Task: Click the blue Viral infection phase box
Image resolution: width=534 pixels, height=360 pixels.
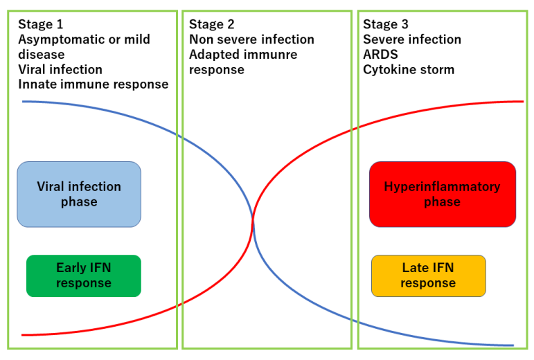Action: [x=79, y=195]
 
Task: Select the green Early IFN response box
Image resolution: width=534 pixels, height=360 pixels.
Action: [x=84, y=276]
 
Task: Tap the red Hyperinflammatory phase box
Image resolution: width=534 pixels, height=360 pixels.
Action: [x=443, y=195]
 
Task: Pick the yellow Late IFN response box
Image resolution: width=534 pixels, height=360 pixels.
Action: [x=429, y=276]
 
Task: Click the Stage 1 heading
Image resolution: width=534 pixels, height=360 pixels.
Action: [x=41, y=24]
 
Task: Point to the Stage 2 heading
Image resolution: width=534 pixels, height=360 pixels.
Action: [x=211, y=24]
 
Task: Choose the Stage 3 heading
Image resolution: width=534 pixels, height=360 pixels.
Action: [x=386, y=24]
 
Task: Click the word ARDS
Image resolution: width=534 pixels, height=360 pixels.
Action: [x=380, y=55]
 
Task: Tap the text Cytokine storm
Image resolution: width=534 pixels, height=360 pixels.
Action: [x=409, y=69]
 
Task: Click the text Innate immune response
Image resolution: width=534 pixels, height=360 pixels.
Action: [x=94, y=84]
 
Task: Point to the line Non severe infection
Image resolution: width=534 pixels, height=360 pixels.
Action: [x=251, y=39]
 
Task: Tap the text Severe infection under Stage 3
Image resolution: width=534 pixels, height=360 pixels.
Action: [x=412, y=39]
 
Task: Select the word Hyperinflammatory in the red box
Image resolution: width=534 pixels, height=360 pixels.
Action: [x=442, y=187]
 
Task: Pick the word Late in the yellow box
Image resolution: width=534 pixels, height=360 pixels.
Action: [x=414, y=268]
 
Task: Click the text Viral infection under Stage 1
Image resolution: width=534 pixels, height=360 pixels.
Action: [x=60, y=69]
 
